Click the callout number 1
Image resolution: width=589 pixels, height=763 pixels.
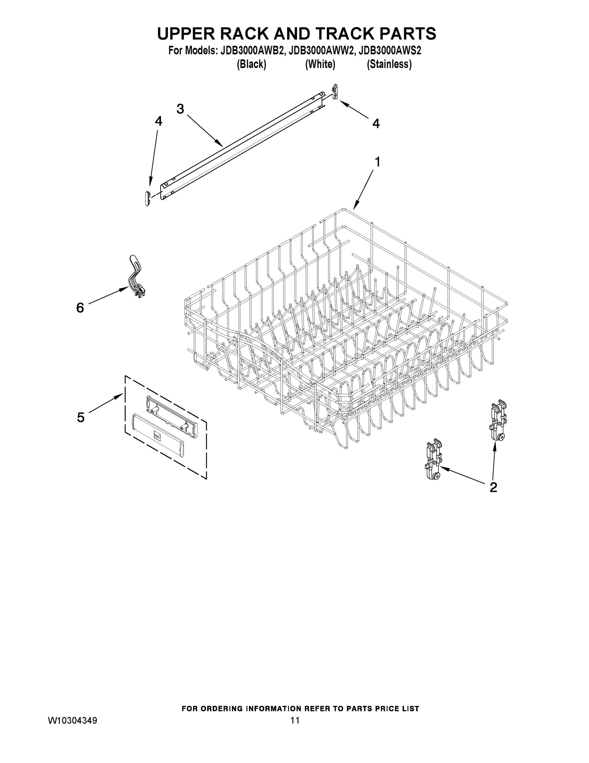click(x=377, y=162)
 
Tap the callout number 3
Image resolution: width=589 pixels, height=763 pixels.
click(x=180, y=109)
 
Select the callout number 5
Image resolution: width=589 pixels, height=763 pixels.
click(x=81, y=417)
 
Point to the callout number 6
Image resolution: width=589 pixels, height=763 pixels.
click(x=80, y=308)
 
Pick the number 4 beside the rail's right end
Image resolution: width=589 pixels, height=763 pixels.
click(x=376, y=123)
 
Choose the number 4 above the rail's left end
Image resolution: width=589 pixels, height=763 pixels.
click(x=158, y=121)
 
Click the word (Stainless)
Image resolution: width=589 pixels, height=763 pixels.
click(x=389, y=64)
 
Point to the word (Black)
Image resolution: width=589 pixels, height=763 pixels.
click(x=251, y=64)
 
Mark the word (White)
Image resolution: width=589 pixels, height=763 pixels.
click(x=320, y=64)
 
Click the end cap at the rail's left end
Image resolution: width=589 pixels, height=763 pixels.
click(x=147, y=198)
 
